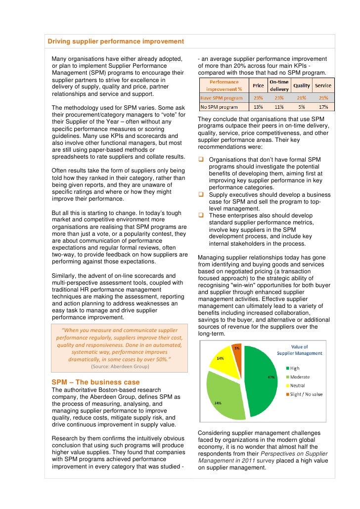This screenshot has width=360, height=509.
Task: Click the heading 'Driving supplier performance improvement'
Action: pos(116,41)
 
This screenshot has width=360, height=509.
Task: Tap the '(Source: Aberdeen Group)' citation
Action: pos(120,367)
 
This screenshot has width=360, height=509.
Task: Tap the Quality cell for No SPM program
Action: pos(302,107)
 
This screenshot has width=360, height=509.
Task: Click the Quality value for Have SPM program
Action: pos(302,98)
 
